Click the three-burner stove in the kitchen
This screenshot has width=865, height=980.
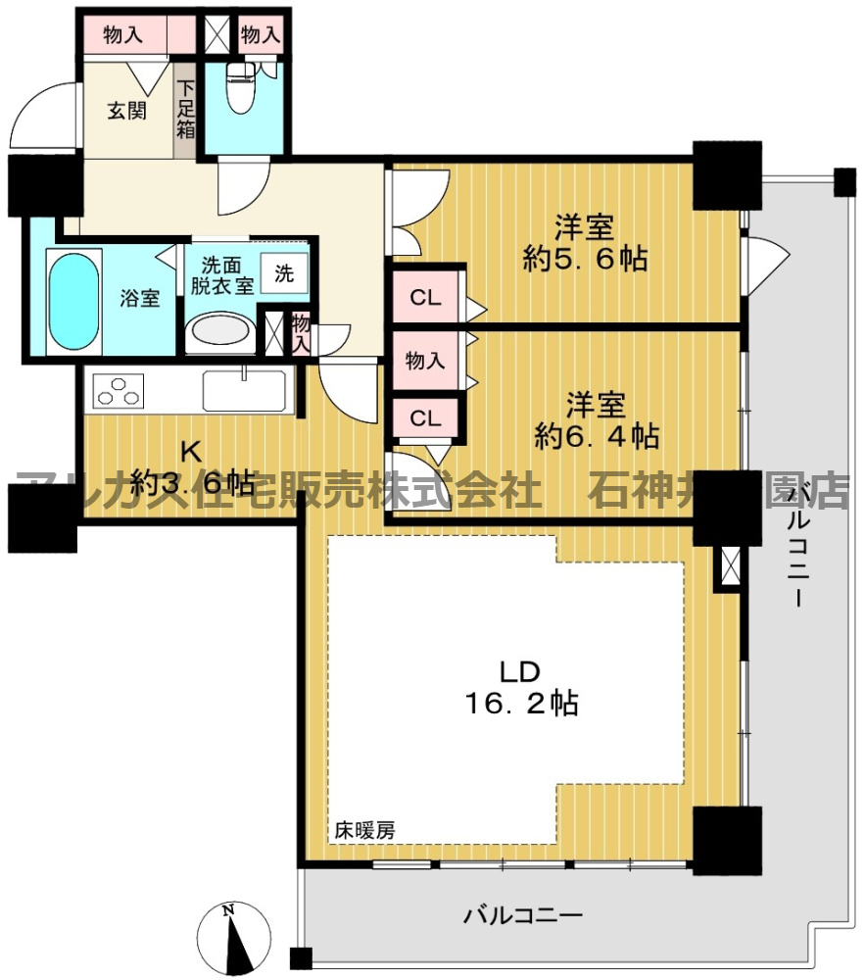(x=118, y=390)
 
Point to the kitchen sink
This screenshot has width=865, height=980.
(x=244, y=390)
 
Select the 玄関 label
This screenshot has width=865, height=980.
(x=126, y=111)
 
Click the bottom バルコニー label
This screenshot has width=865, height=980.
(x=523, y=916)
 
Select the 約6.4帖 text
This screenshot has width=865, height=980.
(x=596, y=434)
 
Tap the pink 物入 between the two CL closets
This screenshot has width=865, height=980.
(x=424, y=361)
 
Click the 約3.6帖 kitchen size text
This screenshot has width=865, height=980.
(x=193, y=482)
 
